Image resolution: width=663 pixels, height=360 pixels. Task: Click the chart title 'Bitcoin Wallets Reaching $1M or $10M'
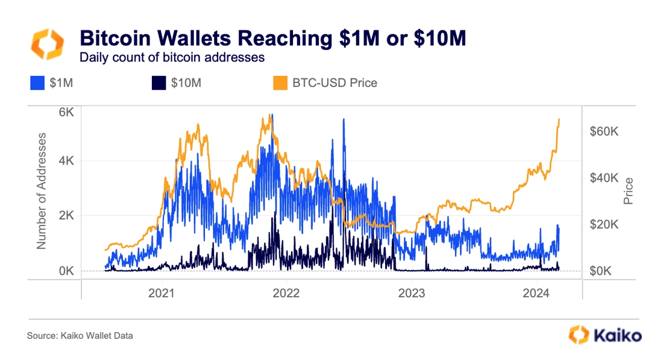273,39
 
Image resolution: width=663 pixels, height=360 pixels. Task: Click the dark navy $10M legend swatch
158,83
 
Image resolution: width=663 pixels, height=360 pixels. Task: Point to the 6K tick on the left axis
66,112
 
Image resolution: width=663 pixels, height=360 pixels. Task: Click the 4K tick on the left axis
66,161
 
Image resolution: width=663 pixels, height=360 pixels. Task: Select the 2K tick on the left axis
66,216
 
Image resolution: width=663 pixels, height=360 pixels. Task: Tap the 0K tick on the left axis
66,271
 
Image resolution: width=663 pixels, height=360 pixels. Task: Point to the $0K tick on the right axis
602,271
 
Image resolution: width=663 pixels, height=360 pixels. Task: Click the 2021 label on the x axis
162,294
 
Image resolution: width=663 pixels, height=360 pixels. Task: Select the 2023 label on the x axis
411,294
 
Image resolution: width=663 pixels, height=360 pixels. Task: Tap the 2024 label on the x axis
536,294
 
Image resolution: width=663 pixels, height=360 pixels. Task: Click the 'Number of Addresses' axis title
42,190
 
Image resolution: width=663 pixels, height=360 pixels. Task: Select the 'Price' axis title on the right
629,191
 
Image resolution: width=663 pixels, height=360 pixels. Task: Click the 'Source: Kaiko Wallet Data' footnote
80,336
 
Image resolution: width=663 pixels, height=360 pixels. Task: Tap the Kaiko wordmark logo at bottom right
605,335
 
